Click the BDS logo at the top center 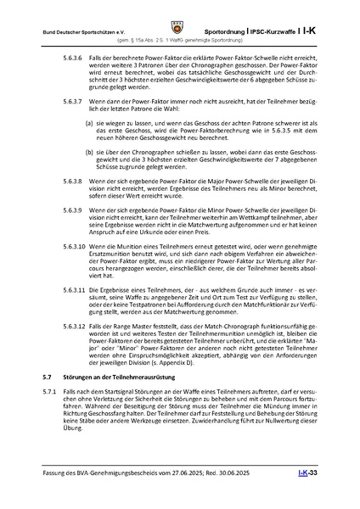click(180, 14)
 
